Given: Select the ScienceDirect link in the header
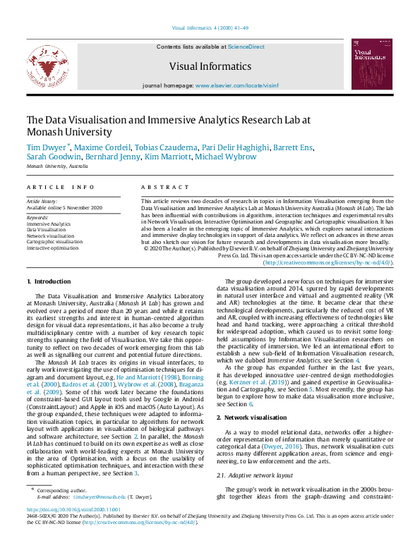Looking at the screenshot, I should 246,46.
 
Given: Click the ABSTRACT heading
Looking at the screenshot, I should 161,187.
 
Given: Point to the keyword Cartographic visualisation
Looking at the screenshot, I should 54,241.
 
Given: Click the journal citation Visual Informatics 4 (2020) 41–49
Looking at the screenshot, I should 210,28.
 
